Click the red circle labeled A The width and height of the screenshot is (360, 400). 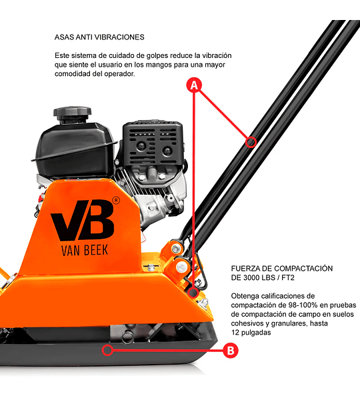(194, 85)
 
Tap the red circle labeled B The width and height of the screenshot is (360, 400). (231, 350)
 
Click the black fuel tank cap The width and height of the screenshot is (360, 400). (73, 115)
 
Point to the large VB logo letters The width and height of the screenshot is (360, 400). (83, 220)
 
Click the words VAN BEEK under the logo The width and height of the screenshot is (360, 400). (85, 250)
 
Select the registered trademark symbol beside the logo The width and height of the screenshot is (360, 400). (116, 201)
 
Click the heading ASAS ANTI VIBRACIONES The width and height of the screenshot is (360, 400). (99, 37)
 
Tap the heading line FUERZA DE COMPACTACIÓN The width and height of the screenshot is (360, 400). (282, 269)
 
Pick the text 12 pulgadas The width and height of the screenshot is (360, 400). (251, 333)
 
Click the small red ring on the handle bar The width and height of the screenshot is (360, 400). (251, 142)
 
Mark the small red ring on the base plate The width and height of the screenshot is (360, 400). (107, 350)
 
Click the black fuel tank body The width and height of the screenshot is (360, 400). (74, 148)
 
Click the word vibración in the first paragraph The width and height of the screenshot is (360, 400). (217, 55)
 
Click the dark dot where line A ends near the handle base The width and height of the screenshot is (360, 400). (193, 292)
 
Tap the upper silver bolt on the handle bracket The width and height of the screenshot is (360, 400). (175, 249)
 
